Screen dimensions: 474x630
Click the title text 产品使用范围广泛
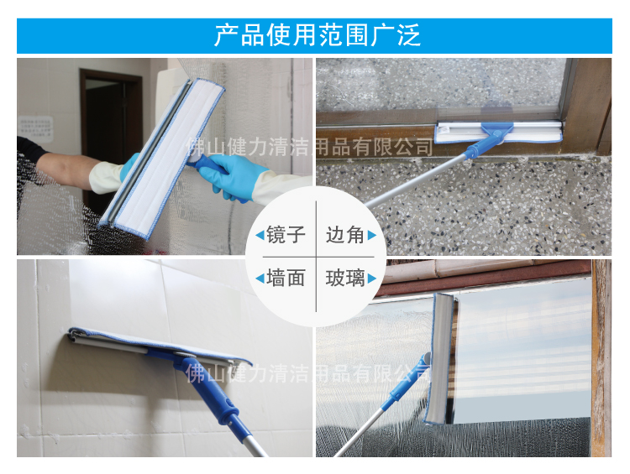pyautogui.click(x=316, y=36)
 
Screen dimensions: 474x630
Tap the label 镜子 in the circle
pyautogui.click(x=285, y=235)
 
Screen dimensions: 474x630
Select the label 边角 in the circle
pyautogui.click(x=345, y=235)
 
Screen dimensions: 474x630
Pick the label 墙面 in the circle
pyautogui.click(x=285, y=278)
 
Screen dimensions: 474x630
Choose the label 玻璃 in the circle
pyautogui.click(x=345, y=278)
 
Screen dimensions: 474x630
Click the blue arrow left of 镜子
pyautogui.click(x=259, y=236)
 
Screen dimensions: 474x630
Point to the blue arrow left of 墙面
pyautogui.click(x=259, y=279)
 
